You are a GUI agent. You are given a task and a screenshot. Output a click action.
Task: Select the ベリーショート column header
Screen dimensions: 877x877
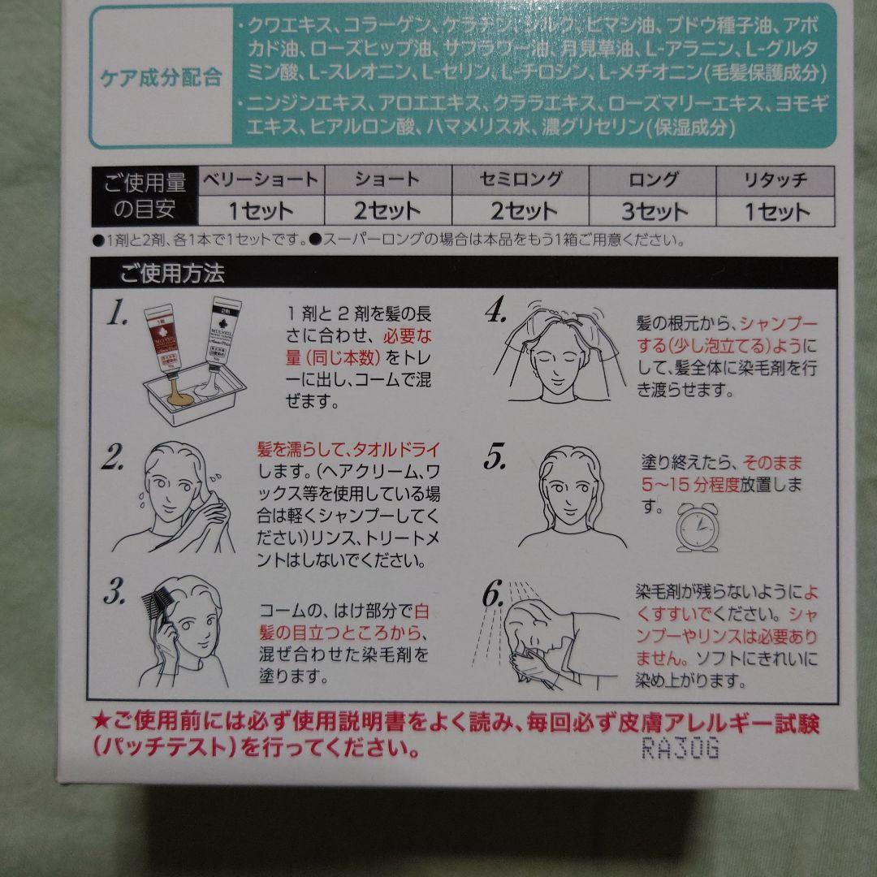click(x=260, y=180)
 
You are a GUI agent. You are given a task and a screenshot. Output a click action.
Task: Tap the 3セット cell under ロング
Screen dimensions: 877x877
click(x=654, y=212)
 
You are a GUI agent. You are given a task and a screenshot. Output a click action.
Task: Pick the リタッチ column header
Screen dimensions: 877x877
click(x=775, y=180)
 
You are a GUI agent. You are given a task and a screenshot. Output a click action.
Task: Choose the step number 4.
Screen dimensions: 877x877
click(x=496, y=313)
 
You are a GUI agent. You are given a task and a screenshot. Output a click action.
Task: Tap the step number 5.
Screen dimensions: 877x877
click(x=496, y=459)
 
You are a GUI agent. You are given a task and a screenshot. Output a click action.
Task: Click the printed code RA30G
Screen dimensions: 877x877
click(x=680, y=749)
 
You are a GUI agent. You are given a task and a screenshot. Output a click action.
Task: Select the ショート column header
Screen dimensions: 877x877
click(x=387, y=180)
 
